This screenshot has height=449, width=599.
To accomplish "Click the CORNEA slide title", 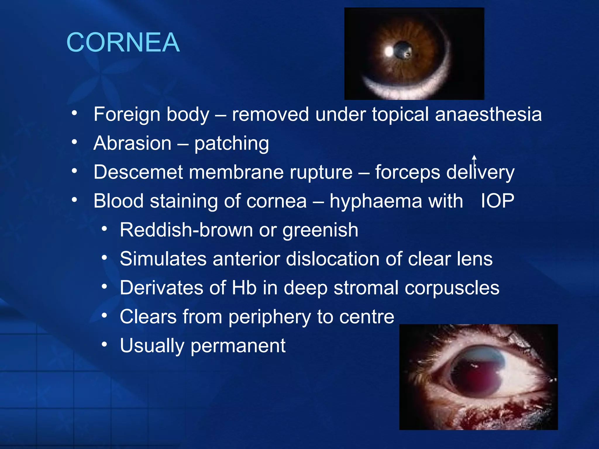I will (123, 43).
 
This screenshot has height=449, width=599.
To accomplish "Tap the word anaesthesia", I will (488, 114).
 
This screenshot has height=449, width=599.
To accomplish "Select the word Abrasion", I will (132, 143).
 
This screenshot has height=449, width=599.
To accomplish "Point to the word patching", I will (231, 144).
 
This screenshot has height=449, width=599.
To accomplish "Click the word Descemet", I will (138, 172).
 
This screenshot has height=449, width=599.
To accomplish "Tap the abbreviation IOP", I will (497, 201).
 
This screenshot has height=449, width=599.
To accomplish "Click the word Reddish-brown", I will (186, 230).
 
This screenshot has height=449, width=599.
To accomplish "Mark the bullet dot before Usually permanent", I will (104, 344).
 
